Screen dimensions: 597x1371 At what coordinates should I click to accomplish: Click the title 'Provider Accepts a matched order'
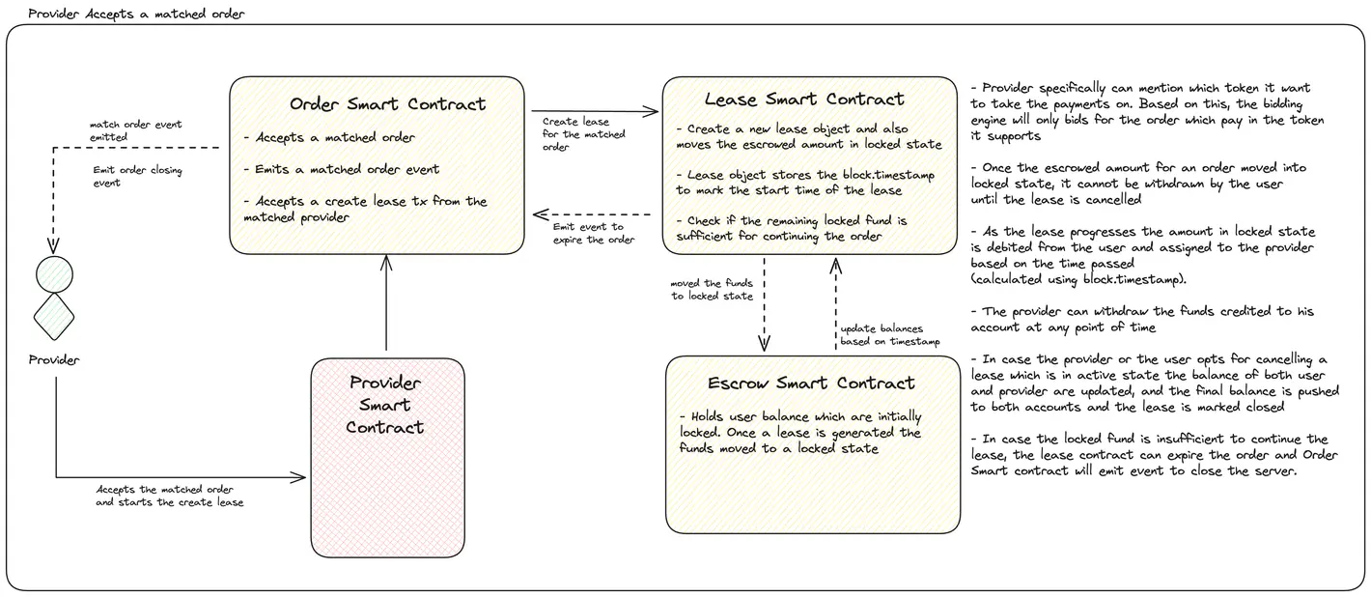(x=136, y=14)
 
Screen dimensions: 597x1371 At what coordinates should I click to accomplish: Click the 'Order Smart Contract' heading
(x=387, y=104)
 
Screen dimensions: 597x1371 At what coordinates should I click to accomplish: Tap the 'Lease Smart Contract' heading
(x=804, y=99)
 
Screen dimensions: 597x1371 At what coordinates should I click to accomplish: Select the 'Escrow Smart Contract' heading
(x=811, y=384)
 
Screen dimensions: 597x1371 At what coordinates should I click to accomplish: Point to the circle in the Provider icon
(x=54, y=274)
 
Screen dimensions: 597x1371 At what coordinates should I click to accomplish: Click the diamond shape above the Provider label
(x=54, y=312)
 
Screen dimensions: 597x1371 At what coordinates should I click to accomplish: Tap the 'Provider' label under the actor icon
(x=53, y=360)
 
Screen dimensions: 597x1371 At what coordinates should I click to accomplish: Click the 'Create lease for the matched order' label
(x=583, y=134)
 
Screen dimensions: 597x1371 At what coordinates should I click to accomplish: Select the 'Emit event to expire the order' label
(x=594, y=233)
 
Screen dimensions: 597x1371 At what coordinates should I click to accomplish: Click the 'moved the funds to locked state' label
(x=712, y=290)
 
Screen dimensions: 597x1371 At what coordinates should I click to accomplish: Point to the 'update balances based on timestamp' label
(x=888, y=335)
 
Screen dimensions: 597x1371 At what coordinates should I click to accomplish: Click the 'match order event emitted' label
(x=135, y=130)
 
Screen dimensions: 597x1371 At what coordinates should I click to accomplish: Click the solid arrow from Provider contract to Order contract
(x=386, y=304)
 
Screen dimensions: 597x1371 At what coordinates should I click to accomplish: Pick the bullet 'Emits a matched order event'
(x=341, y=169)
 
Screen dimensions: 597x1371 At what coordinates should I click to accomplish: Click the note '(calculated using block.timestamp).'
(x=1079, y=279)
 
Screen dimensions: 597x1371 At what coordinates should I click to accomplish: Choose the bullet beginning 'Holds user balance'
(x=799, y=432)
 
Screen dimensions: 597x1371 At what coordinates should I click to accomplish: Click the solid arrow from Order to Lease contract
(x=593, y=112)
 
